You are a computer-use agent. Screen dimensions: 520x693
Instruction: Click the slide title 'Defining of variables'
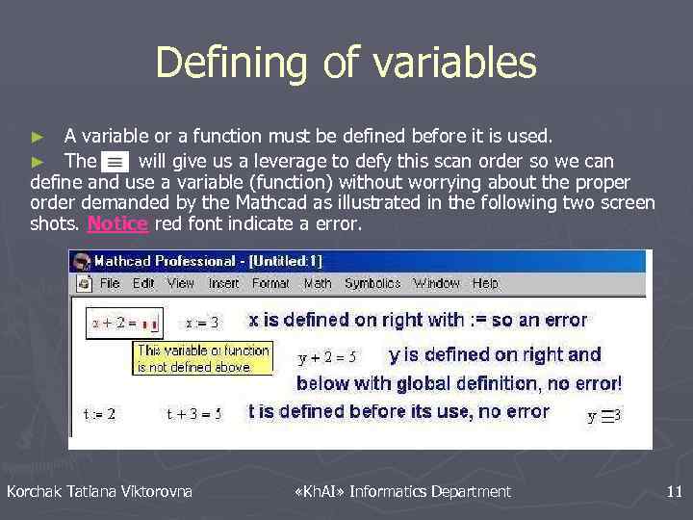(346, 63)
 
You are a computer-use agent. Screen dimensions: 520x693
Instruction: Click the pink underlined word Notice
(117, 223)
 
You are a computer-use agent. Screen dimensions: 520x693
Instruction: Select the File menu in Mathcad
(110, 283)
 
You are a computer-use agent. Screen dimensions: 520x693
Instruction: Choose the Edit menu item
(143, 283)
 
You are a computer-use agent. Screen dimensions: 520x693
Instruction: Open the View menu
(180, 283)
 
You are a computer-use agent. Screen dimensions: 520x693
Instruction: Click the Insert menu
(223, 283)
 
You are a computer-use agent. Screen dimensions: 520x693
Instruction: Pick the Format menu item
(270, 283)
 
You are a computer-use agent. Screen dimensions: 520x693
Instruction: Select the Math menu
(318, 283)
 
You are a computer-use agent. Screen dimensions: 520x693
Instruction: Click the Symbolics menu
(372, 283)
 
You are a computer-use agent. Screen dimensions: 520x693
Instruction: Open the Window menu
(436, 283)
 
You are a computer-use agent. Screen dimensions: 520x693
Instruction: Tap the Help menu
(485, 283)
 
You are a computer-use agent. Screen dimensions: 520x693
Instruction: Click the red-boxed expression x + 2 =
(124, 323)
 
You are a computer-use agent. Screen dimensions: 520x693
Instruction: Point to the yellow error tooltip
(203, 358)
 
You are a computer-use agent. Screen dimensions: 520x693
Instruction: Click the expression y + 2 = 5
(327, 357)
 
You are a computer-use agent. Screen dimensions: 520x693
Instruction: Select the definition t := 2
(100, 414)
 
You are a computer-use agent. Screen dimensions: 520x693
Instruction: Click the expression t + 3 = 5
(193, 414)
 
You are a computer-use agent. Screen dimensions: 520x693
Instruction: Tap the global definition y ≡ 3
(604, 416)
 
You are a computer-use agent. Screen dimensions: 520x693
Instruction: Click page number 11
(674, 492)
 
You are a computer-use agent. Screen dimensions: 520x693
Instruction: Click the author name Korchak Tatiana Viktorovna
(99, 492)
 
